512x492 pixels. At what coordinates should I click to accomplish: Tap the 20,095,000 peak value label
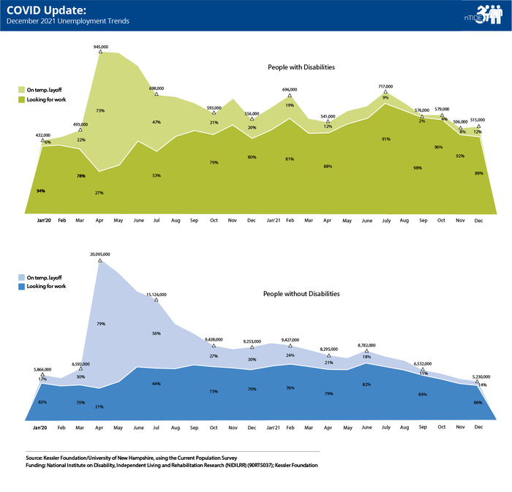tap(99, 254)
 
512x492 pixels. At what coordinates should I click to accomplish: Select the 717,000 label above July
tap(385, 87)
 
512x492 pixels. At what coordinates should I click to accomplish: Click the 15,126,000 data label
tap(157, 295)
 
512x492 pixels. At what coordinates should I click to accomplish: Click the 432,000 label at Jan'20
tap(43, 135)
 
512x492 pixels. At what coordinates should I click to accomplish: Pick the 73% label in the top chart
tap(99, 111)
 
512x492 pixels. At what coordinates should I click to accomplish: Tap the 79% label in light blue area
tap(100, 322)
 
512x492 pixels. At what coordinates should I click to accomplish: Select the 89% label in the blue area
tap(423, 394)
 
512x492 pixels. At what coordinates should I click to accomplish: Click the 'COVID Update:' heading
tap(37, 10)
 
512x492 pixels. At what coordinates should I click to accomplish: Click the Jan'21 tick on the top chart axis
tap(271, 220)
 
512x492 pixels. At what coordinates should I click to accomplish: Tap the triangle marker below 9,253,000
tap(252, 347)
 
